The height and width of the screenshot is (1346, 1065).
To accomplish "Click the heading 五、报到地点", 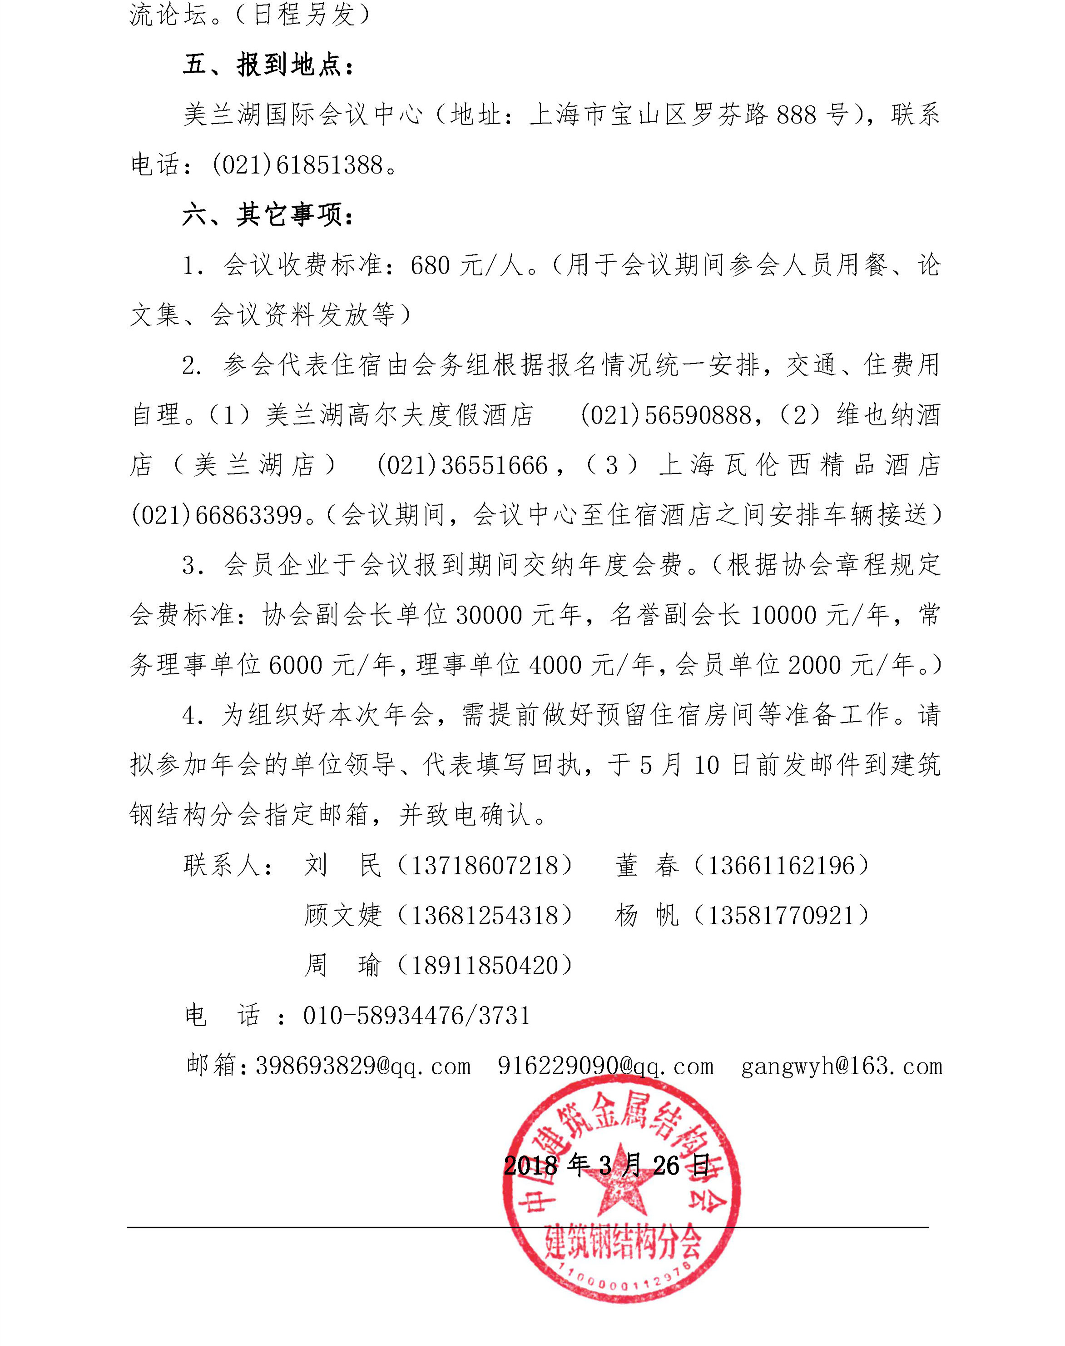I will point(268,65).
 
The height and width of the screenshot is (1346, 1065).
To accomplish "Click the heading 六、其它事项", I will point(268,215).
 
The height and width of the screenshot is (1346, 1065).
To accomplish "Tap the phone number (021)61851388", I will point(297,165).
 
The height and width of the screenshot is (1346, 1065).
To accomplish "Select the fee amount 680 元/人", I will point(466,266).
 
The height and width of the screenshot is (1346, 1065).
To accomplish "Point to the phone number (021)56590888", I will point(666,415).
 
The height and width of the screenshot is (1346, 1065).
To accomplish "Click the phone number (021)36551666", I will point(462,465).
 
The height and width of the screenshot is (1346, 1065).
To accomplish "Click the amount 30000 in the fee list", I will point(488,615).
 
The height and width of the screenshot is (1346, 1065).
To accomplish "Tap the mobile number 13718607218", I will point(485,866).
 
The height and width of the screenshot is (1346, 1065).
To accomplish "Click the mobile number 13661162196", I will point(780,866).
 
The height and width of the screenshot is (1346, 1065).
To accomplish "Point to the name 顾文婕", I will point(342,916).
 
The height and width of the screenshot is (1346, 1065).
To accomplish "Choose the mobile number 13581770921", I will point(780,916).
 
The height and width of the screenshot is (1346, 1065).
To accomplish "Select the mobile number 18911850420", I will point(485,966).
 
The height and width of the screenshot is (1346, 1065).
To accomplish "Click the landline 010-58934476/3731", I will point(416,1016).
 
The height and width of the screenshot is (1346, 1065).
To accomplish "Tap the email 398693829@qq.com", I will point(363,1066).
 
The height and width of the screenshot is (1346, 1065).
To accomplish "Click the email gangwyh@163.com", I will point(841,1066).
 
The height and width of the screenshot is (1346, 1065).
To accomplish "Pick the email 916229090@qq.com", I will point(605,1066).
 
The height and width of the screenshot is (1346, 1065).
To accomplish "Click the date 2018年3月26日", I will point(607,1165).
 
